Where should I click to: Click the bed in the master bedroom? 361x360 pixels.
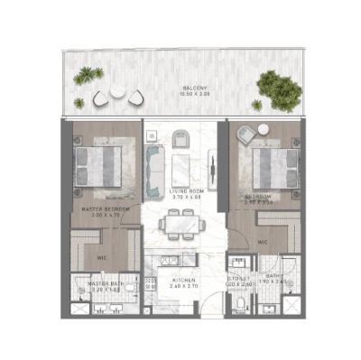99,167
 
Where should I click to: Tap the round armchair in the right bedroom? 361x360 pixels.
244,134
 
